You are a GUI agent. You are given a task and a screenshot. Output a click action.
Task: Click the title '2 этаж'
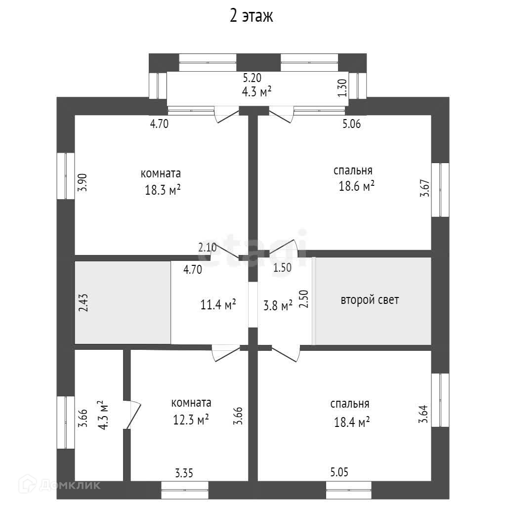pyautogui.click(x=252, y=16)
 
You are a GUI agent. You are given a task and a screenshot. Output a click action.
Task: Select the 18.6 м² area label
pyautogui.click(x=354, y=187)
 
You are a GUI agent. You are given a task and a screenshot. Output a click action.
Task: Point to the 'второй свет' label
pyautogui.click(x=370, y=300)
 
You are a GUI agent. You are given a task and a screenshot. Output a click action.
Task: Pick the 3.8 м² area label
pyautogui.click(x=278, y=306)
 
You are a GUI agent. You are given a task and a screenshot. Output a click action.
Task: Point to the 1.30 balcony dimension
pyautogui.click(x=341, y=88)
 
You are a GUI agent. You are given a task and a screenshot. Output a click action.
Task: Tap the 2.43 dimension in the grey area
pyautogui.click(x=83, y=302)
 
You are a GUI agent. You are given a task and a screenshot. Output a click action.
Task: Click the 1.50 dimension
pyautogui.click(x=282, y=268)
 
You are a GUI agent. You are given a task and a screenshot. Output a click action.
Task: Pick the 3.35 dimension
pyautogui.click(x=184, y=473)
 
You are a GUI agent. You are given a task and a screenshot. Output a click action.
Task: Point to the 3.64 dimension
pyautogui.click(x=423, y=415)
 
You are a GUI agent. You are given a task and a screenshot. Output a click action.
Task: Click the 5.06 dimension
pyautogui.click(x=351, y=124)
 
